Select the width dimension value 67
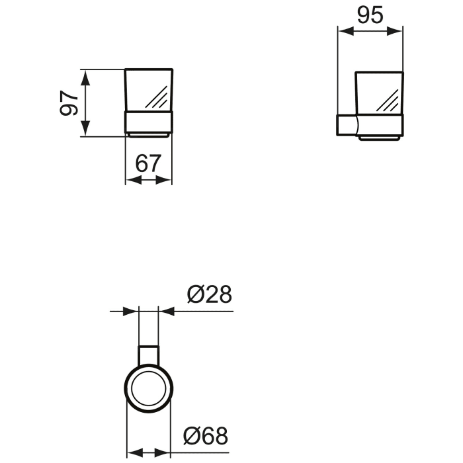[x=149, y=163]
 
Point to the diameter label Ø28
[x=210, y=294]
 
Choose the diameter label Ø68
[x=206, y=435]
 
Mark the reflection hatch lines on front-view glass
[x=157, y=99]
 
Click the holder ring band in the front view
[x=149, y=122]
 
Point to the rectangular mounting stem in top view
[x=148, y=354]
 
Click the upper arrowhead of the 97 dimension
[x=85, y=75]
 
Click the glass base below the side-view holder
[x=379, y=138]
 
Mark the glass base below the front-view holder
[x=149, y=134]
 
